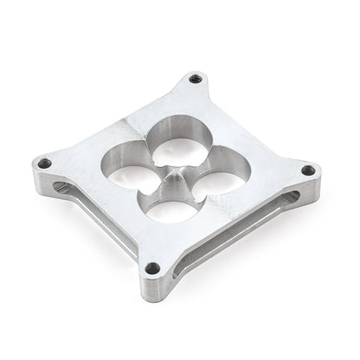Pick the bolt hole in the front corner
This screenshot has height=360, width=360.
[x=152, y=267]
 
